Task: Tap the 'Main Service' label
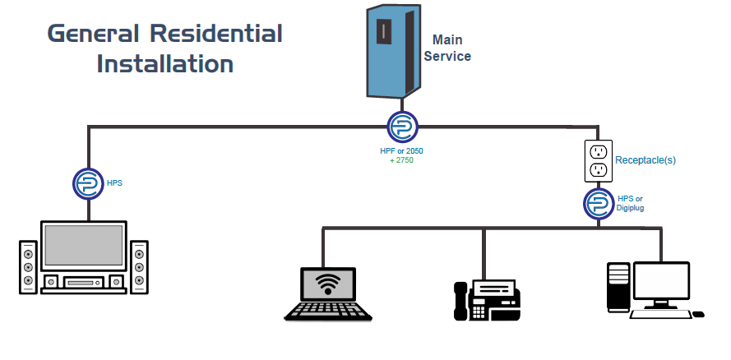pos(447,48)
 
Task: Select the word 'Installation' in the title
pos(164,63)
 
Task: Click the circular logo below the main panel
pos(403,127)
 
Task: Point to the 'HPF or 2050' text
pos(402,151)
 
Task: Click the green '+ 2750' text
pos(401,160)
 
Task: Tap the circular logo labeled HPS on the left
pos(87,183)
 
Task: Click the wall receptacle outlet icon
pos(599,160)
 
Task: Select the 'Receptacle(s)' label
pos(645,160)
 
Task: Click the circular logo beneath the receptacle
pos(599,203)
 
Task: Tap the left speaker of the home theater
pos(28,267)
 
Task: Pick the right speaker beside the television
pos(139,267)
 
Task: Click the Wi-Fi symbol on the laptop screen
pos(328,284)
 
